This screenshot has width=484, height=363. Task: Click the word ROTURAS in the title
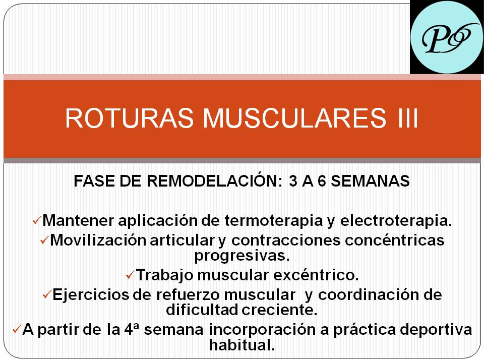(130, 117)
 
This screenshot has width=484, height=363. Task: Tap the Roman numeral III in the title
(407, 117)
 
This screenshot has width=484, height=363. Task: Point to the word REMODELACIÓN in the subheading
(214, 180)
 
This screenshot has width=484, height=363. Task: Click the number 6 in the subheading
(322, 181)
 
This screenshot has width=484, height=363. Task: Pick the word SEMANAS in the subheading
(370, 181)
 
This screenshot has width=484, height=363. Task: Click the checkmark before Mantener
(37, 220)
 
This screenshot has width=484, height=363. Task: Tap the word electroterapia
(396, 221)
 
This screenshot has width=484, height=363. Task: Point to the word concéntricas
(394, 240)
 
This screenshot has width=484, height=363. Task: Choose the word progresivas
(242, 256)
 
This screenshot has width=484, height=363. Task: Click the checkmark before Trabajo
(131, 275)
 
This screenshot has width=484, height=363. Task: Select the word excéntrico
(316, 275)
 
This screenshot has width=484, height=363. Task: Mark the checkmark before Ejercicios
(47, 294)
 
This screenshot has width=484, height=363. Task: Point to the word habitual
(242, 345)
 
